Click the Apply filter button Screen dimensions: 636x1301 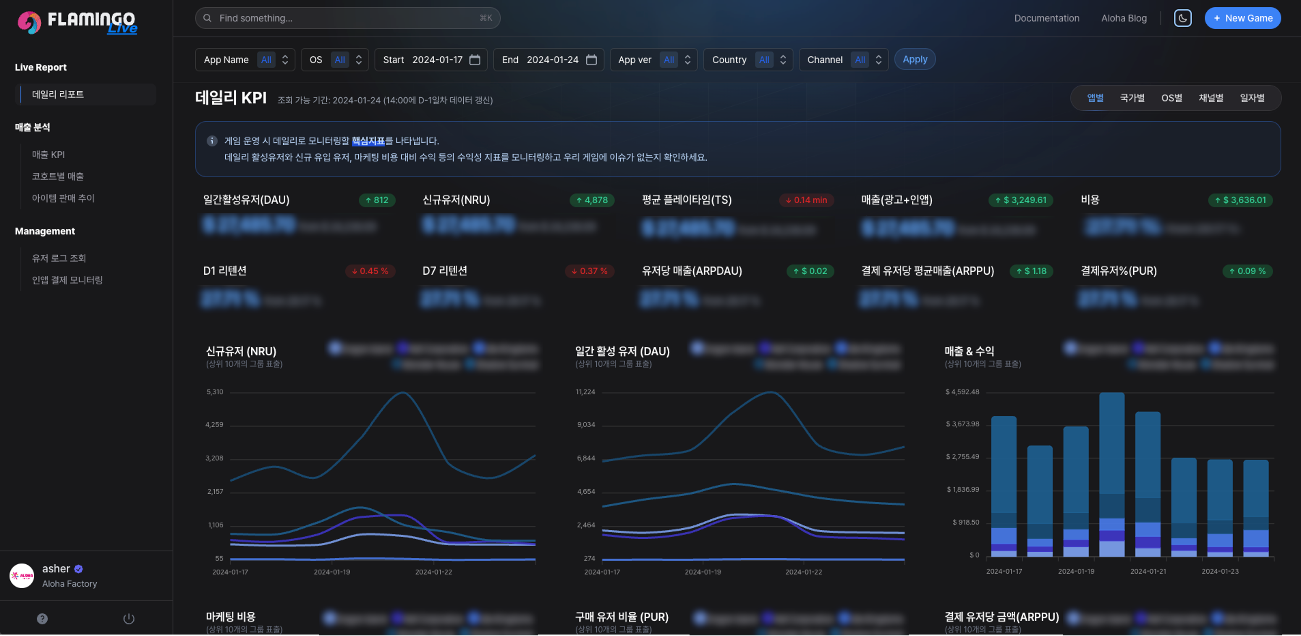915,60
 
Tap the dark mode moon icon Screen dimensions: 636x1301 1182,18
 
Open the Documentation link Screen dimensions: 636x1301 1046,18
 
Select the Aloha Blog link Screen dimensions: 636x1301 1124,18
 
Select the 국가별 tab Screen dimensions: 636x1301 1132,98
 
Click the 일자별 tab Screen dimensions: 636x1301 1252,98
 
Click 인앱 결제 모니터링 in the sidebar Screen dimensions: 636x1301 67,280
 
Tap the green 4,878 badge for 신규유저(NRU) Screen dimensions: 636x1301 592,200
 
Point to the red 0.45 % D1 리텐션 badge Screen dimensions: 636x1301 370,271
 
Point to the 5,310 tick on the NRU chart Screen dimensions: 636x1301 215,392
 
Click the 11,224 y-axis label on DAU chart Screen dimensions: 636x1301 585,392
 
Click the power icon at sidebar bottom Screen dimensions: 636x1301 129,618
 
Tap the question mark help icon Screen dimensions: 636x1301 42,618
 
